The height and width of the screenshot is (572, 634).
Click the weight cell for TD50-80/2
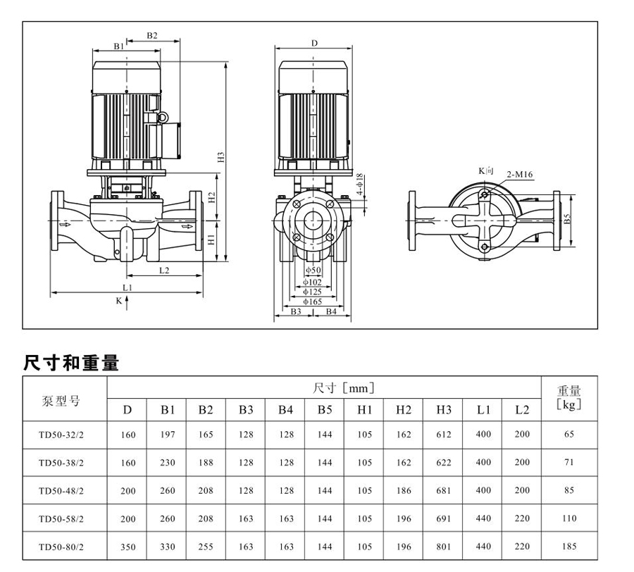(x=569, y=546)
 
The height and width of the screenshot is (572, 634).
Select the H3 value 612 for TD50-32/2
(x=443, y=435)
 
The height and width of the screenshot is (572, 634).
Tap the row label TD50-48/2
(x=61, y=490)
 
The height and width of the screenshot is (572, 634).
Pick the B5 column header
(x=324, y=410)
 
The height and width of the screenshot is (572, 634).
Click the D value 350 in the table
(x=128, y=546)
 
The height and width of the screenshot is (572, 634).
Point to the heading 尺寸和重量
(x=71, y=363)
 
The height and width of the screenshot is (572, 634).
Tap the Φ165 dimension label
(x=313, y=301)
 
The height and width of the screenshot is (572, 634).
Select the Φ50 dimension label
(x=313, y=271)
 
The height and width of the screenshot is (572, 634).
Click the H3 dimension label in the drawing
(x=220, y=158)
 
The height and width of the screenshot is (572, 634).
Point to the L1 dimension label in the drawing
(x=127, y=288)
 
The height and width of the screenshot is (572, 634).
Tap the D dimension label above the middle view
(x=314, y=44)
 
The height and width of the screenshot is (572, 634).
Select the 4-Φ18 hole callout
(x=359, y=185)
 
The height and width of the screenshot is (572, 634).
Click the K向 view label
(x=487, y=171)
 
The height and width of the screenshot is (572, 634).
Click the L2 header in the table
(x=521, y=410)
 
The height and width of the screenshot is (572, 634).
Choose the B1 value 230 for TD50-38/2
(x=167, y=463)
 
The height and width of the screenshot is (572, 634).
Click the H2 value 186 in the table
(x=403, y=490)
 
